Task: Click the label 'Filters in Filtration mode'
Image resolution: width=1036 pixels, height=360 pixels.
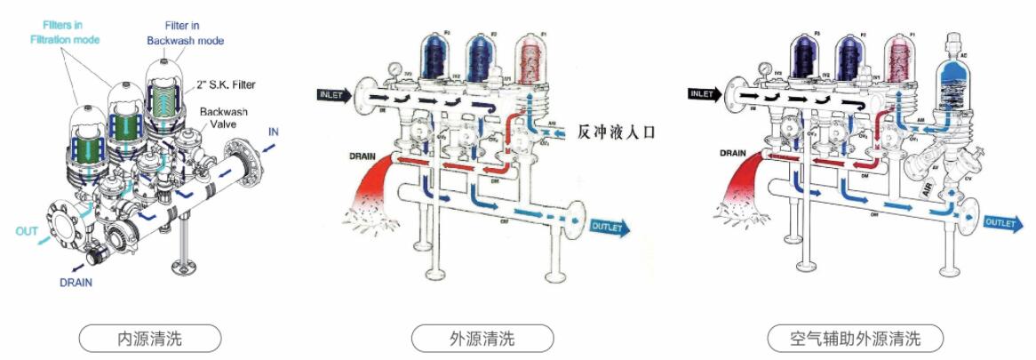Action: [65, 33]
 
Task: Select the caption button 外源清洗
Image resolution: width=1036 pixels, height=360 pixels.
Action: [482, 338]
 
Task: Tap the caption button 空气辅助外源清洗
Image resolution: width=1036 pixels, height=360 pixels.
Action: [856, 338]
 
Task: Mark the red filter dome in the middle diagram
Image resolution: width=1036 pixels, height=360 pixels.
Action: [535, 55]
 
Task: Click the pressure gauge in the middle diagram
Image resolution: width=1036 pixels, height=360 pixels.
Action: [392, 66]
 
